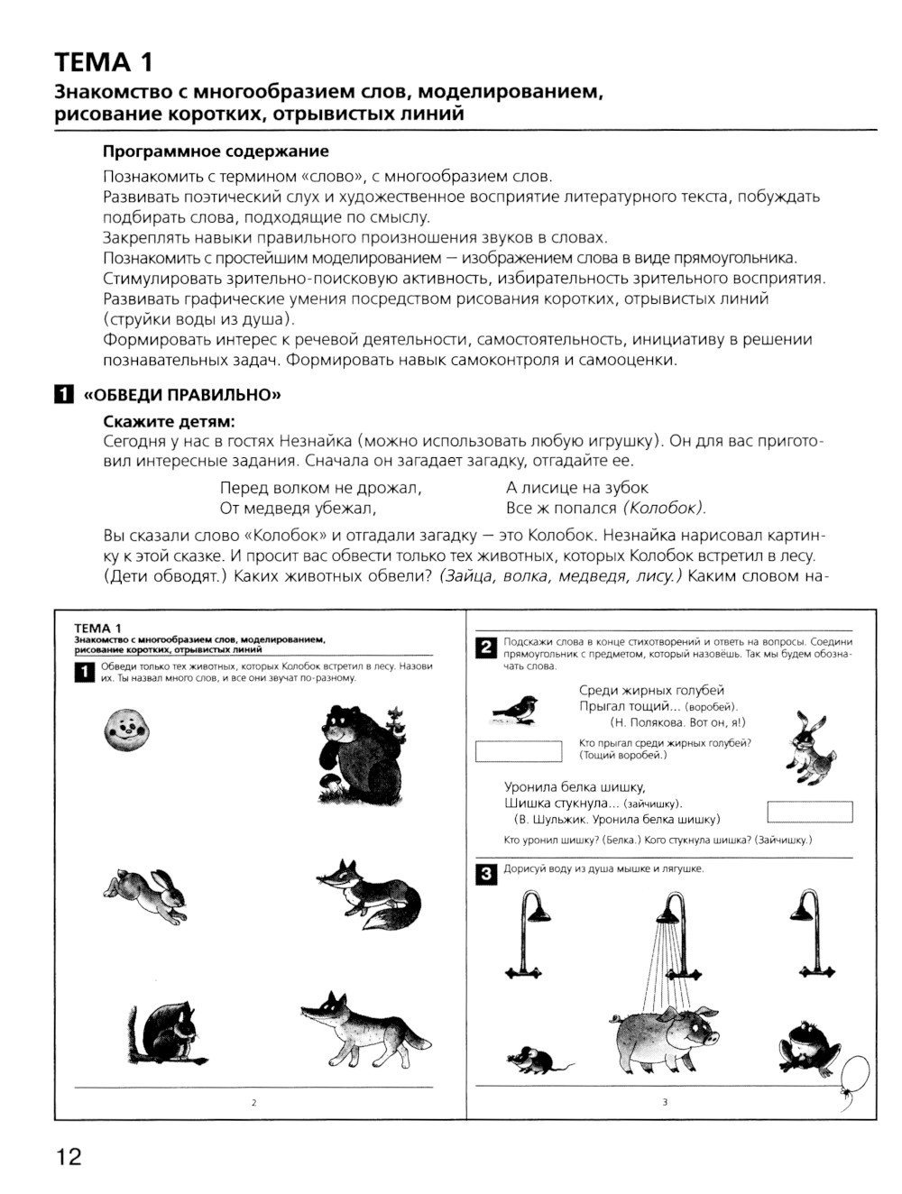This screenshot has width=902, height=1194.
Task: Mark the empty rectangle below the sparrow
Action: tap(518, 750)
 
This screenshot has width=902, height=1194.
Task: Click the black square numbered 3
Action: tap(484, 874)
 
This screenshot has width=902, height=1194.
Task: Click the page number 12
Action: tap(68, 1156)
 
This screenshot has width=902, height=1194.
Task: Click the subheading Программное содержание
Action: tap(216, 151)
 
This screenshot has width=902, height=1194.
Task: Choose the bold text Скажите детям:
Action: tap(169, 421)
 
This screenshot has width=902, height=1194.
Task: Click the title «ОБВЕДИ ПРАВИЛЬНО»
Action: tap(176, 394)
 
